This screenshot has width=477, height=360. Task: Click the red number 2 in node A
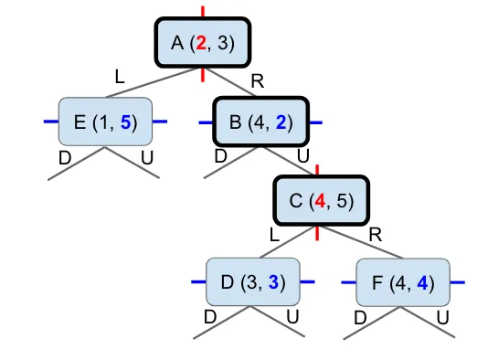pyautogui.click(x=201, y=43)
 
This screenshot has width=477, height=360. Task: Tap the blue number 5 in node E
pyautogui.click(x=125, y=122)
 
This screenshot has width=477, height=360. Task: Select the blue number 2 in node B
pyautogui.click(x=281, y=122)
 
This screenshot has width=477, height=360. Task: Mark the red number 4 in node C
pyautogui.click(x=320, y=201)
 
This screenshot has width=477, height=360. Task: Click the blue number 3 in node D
pyautogui.click(x=273, y=282)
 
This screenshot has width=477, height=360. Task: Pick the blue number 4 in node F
pyautogui.click(x=422, y=283)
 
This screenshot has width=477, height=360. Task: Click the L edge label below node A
pyautogui.click(x=120, y=77)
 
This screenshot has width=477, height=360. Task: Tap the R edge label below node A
pyautogui.click(x=258, y=81)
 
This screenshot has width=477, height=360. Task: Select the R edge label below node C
pyautogui.click(x=376, y=235)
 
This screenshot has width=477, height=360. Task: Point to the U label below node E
pyautogui.click(x=147, y=158)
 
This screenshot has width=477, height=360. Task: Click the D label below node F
pyautogui.click(x=360, y=318)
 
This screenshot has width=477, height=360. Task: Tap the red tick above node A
pyautogui.click(x=203, y=12)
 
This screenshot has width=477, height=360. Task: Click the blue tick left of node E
pyautogui.click(x=51, y=122)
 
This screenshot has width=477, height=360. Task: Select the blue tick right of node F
pyautogui.click(x=458, y=282)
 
